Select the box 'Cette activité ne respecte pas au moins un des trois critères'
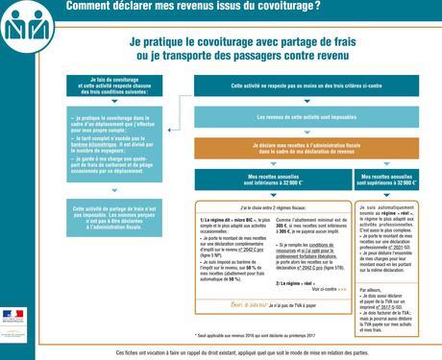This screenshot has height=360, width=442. point(305,86)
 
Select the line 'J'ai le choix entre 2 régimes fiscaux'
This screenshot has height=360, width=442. point(268,207)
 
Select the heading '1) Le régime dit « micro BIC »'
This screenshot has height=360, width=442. point(223,219)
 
